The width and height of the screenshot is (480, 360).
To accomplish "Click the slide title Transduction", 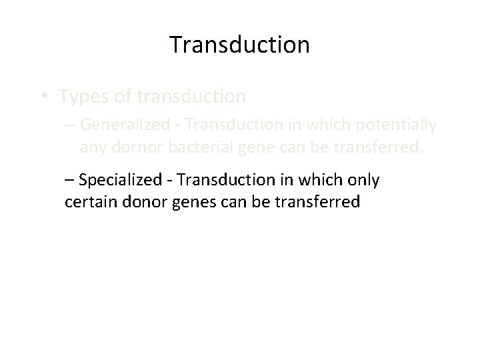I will pyautogui.click(x=239, y=45).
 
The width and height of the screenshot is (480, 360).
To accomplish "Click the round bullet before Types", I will pyautogui.click(x=43, y=97).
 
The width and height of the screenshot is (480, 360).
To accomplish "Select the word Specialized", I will pyautogui.click(x=119, y=179).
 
